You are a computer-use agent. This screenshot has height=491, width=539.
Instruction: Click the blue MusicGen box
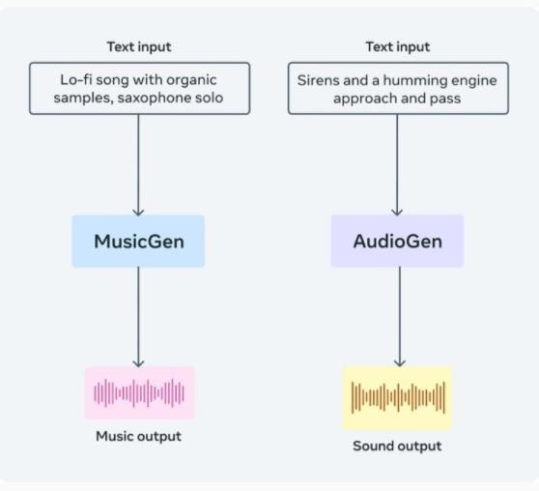[138, 242]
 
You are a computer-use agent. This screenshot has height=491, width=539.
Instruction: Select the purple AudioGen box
[397, 241]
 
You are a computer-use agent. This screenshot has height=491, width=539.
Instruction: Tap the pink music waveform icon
[139, 393]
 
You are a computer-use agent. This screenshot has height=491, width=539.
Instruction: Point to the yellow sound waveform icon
[398, 397]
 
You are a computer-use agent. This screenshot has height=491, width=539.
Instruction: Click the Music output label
[138, 436]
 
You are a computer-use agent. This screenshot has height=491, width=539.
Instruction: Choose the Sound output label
[397, 446]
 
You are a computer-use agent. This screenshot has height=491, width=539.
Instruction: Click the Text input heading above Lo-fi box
[139, 46]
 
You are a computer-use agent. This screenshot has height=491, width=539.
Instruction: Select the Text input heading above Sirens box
[398, 46]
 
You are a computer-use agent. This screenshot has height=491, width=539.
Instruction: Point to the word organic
[192, 81]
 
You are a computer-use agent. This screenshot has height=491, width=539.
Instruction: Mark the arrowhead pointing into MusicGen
[138, 212]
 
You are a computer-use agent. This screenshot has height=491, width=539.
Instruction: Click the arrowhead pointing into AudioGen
[397, 212]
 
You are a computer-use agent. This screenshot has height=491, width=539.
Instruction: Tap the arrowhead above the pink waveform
[138, 363]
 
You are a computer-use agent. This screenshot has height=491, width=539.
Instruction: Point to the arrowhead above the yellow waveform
[400, 362]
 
